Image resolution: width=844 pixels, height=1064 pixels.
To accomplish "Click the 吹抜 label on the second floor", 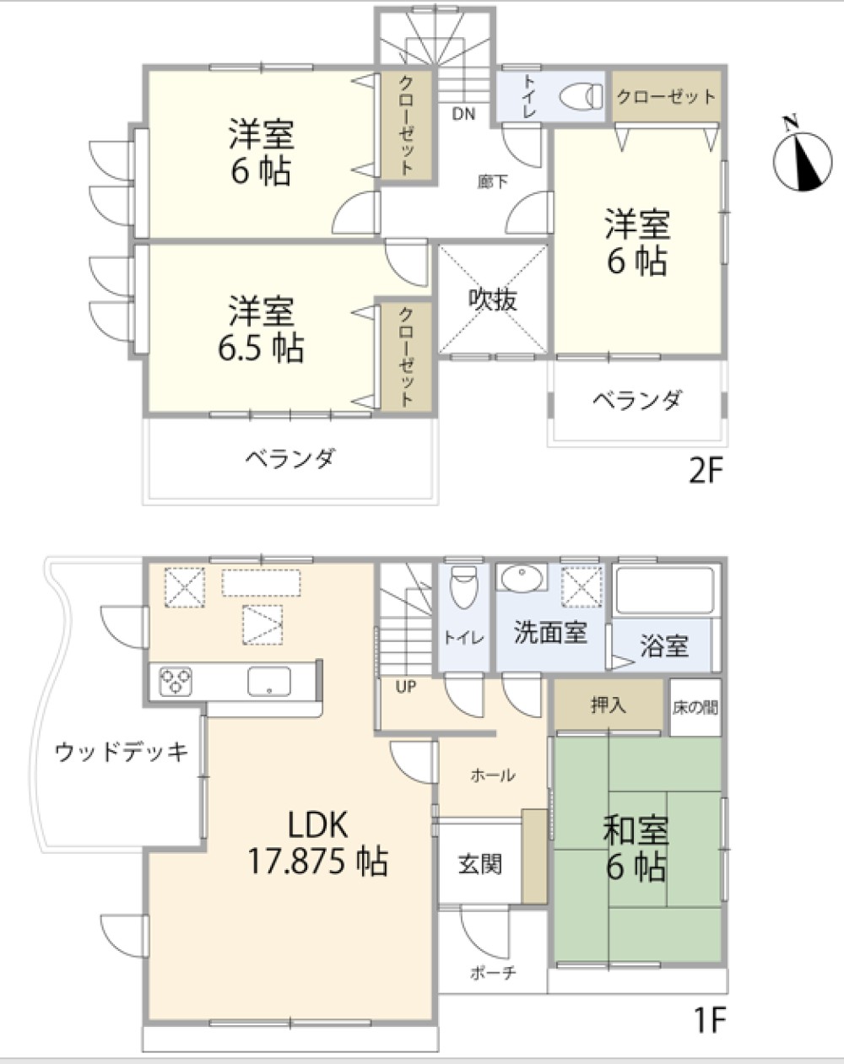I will (x=493, y=300).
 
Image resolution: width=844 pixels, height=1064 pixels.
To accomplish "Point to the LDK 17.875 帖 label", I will (x=318, y=844).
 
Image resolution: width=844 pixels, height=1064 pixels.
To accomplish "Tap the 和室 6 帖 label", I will (x=636, y=849).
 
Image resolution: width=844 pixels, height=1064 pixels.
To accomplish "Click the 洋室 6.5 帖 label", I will (x=261, y=329).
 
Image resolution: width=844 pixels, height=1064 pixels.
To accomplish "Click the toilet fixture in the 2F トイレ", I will (x=580, y=96).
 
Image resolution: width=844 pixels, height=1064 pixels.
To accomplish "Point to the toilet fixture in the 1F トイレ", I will (x=463, y=586).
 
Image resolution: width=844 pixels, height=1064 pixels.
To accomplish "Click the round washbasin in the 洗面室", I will (x=522, y=579).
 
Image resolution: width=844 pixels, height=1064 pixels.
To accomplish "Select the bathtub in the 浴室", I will (x=665, y=591).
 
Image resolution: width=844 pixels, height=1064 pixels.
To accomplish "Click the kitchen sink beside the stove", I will (x=268, y=680).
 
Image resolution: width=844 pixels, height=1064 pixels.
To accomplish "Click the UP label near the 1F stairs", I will (x=406, y=687).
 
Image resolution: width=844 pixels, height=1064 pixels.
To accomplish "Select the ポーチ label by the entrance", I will (x=492, y=973).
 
